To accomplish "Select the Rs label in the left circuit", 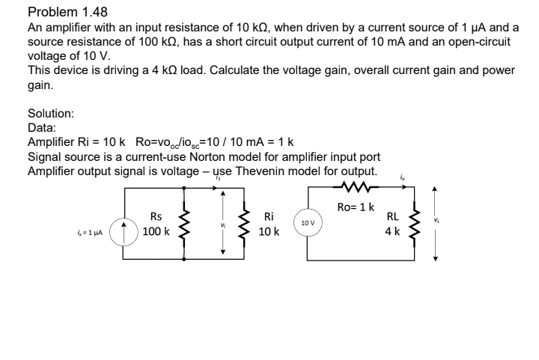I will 156,217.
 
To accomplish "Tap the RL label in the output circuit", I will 392,217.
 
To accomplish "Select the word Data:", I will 41,128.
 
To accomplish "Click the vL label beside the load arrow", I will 450,220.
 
